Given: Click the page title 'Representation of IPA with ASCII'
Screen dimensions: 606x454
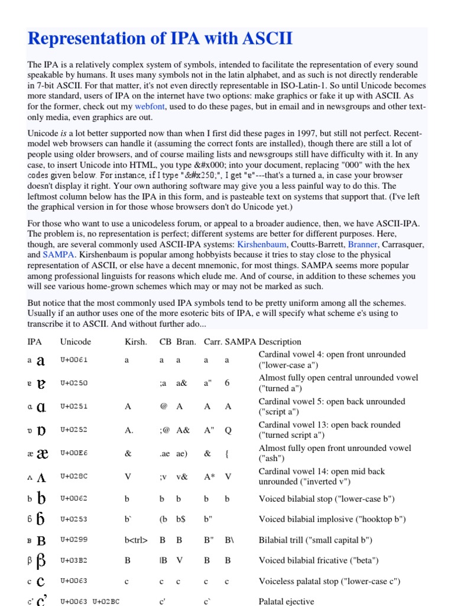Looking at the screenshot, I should [160, 39].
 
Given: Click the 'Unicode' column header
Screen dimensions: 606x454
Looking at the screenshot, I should [76, 341].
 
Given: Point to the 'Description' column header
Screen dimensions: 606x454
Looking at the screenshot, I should [280, 341].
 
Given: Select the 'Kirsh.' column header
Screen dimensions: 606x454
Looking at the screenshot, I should [136, 341].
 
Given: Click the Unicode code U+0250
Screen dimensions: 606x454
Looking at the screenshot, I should [73, 383].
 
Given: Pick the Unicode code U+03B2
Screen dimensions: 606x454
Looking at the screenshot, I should [73, 560].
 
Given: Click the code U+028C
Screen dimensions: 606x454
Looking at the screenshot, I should [73, 477].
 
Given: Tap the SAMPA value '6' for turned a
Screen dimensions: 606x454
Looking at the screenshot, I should [227, 383].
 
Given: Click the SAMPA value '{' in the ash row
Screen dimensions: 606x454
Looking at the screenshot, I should [226, 453].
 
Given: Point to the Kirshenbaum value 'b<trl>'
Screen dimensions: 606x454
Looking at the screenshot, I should [136, 540].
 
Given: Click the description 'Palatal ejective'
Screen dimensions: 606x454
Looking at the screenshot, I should [286, 601].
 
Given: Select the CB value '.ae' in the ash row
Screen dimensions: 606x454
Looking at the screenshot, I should [164, 453].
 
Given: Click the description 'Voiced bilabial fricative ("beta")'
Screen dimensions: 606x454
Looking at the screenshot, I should [327, 560].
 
